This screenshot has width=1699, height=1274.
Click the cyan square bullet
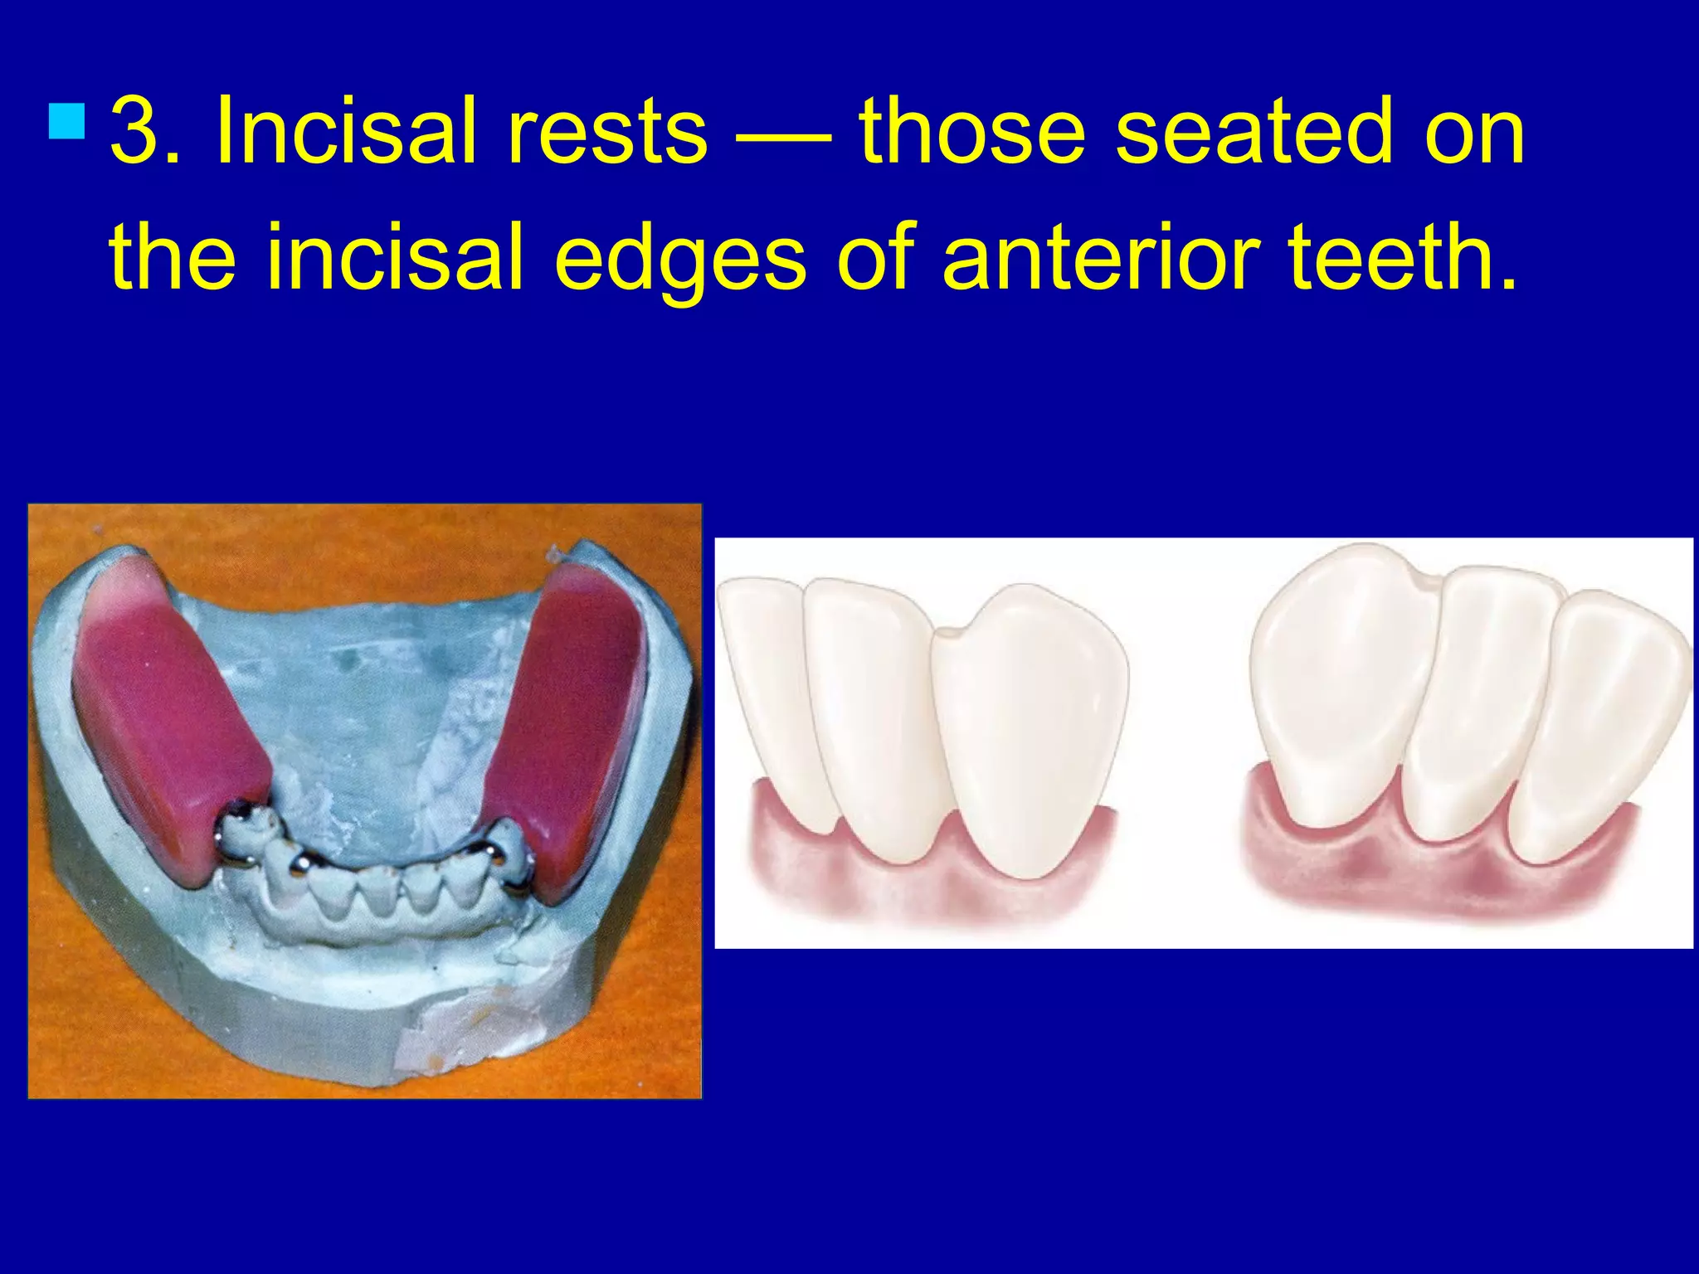coord(67,120)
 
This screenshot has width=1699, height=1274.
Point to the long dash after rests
coord(783,134)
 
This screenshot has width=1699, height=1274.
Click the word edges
coord(680,259)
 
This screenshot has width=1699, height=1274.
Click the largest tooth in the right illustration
coord(1336,680)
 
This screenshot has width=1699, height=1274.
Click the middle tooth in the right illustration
coord(1473,705)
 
